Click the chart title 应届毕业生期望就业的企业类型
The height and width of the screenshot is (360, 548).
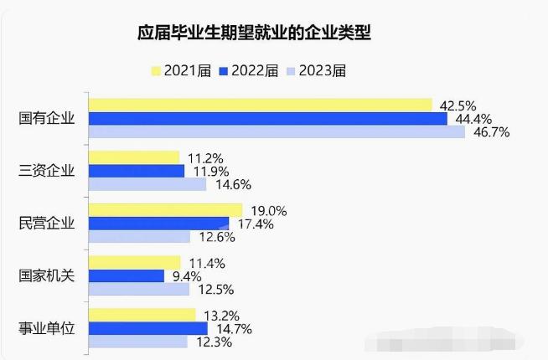pyautogui.click(x=255, y=33)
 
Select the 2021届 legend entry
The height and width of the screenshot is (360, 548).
pyautogui.click(x=182, y=70)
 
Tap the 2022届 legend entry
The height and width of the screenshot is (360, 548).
pyautogui.click(x=250, y=70)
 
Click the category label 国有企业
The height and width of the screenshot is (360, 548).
pyautogui.click(x=47, y=118)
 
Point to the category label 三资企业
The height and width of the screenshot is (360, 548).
pyautogui.click(x=47, y=171)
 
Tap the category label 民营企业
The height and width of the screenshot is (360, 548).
pyautogui.click(x=47, y=223)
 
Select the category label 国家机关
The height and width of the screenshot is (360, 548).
pyautogui.click(x=47, y=275)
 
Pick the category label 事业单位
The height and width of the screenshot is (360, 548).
pyautogui.click(x=47, y=328)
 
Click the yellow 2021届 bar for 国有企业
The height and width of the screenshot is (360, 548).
pyautogui.click(x=260, y=105)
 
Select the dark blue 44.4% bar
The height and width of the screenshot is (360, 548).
pyautogui.click(x=267, y=118)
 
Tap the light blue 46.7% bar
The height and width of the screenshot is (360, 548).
pyautogui.click(x=277, y=131)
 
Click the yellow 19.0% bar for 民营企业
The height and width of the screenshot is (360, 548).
pyautogui.click(x=165, y=209)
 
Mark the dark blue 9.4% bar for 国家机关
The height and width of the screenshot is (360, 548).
pyautogui.click(x=127, y=275)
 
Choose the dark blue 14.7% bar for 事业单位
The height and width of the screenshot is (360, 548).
pyautogui.click(x=147, y=328)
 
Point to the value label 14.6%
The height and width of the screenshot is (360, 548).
pyautogui.click(x=234, y=184)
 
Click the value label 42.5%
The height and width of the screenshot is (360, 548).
pyautogui.click(x=458, y=105)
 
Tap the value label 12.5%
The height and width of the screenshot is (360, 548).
pyautogui.click(x=216, y=289)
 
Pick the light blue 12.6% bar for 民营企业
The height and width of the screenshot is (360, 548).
pyautogui.click(x=139, y=236)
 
